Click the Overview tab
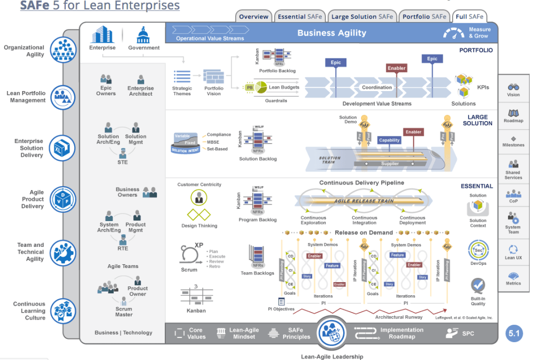click(x=254, y=17)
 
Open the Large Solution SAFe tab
click(x=362, y=17)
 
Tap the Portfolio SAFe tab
click(x=424, y=17)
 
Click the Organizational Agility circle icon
click(x=63, y=50)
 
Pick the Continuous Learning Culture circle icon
click(x=63, y=311)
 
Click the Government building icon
click(x=143, y=36)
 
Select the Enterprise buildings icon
click(x=102, y=35)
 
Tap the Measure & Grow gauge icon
click(x=454, y=33)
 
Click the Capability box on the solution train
click(x=390, y=140)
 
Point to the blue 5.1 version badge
click(x=514, y=333)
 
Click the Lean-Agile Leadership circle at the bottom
click(x=332, y=333)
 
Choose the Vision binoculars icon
click(x=513, y=87)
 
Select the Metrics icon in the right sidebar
click(x=513, y=275)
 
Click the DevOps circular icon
click(x=478, y=249)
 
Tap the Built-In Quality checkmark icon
click(x=478, y=286)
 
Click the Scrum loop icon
click(x=188, y=255)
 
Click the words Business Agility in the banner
click(x=332, y=33)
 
